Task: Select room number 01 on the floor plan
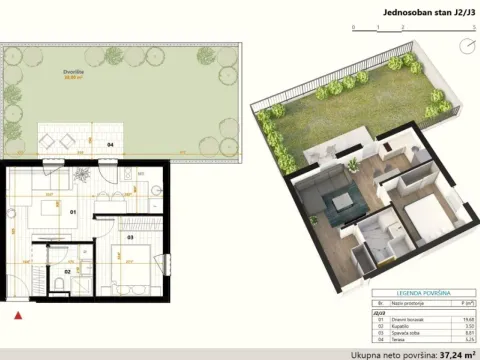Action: pyautogui.click(x=73, y=212)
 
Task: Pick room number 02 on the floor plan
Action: pyautogui.click(x=68, y=271)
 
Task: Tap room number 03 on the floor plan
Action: pyautogui.click(x=131, y=238)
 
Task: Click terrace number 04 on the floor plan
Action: pyautogui.click(x=110, y=146)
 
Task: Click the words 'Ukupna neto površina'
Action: pyautogui.click(x=384, y=354)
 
